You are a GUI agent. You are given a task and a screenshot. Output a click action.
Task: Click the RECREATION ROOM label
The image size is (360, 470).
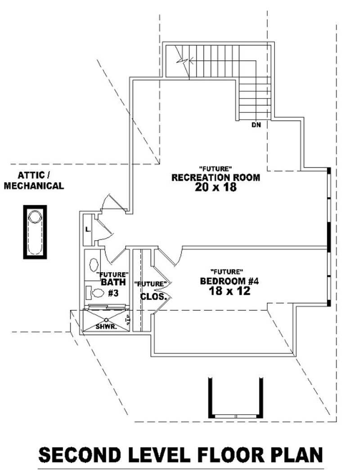216,178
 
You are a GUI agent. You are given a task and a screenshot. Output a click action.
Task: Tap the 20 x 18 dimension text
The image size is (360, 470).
216,188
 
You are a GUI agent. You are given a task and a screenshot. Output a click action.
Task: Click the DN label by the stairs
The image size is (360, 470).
256,125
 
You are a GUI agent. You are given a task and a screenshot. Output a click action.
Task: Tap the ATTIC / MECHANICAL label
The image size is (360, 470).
34,180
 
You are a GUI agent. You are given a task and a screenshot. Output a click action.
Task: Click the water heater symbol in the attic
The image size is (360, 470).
35,232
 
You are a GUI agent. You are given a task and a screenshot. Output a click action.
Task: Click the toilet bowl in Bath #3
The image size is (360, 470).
98,293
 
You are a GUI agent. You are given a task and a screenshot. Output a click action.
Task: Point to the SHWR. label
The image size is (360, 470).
106,327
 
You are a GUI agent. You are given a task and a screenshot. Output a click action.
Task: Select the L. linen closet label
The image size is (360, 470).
88,229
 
